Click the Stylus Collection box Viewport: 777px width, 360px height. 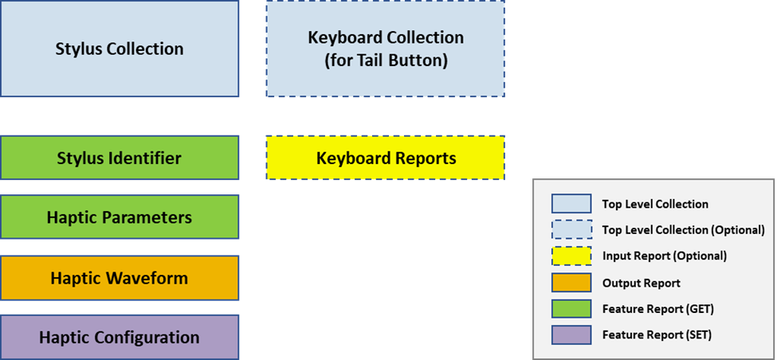pos(120,49)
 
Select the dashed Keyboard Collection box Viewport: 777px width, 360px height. pos(385,49)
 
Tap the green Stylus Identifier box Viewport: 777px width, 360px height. pos(120,158)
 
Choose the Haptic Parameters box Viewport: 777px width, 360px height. pos(120,217)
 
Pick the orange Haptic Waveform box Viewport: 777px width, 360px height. pos(120,278)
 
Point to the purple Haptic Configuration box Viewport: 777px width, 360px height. pos(120,338)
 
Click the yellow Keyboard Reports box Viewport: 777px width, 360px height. pos(385,158)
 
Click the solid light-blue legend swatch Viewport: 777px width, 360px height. pos(571,204)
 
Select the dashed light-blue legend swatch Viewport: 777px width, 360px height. pos(571,230)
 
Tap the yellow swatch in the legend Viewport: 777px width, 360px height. pos(571,256)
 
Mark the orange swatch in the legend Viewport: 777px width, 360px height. pos(571,283)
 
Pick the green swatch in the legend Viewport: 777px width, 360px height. pos(571,309)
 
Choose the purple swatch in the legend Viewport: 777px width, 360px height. pos(571,335)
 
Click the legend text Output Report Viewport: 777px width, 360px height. pos(641,283)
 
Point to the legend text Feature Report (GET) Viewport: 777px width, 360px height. pos(657,309)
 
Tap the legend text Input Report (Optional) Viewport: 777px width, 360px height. pos(664,256)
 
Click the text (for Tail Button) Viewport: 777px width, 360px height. pos(386,61)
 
